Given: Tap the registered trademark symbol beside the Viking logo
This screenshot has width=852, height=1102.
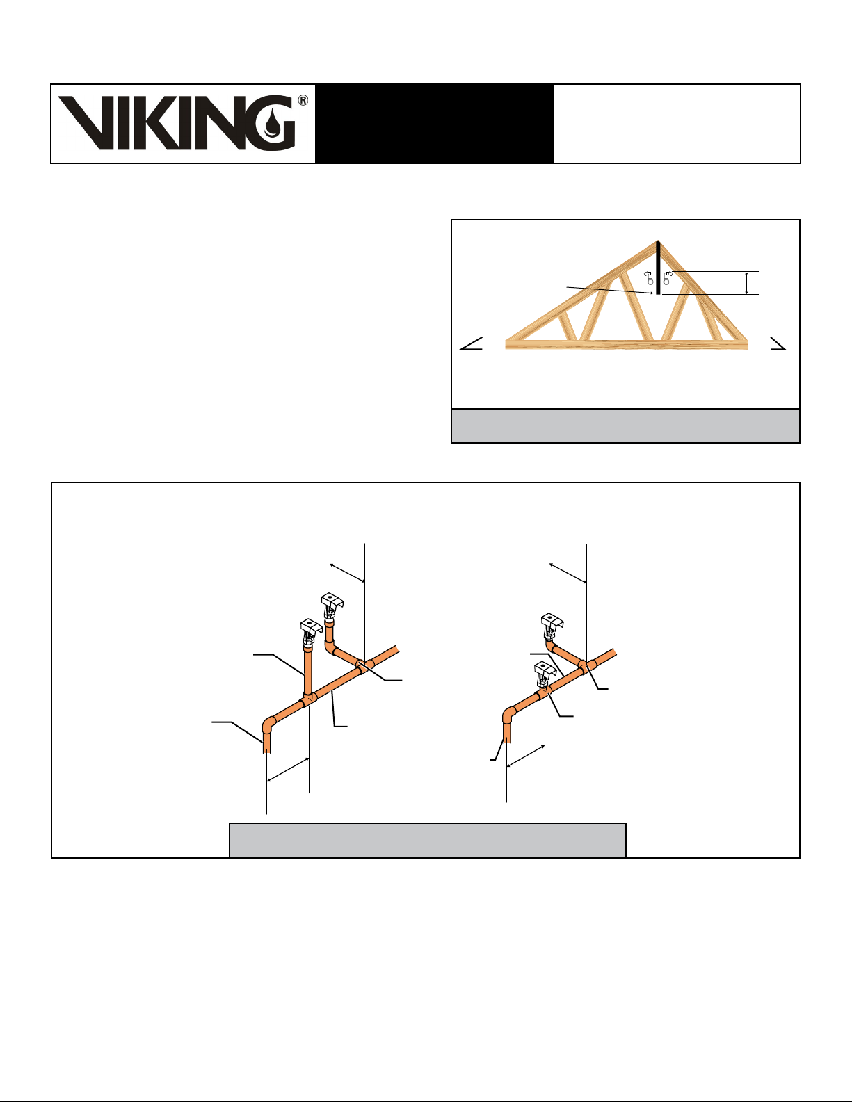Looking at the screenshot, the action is tap(303, 101).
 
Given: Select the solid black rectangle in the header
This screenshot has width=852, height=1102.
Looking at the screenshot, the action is tap(434, 124).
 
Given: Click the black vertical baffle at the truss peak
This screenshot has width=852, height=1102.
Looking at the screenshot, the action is tap(658, 267).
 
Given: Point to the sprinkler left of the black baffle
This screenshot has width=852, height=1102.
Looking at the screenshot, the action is tap(649, 278).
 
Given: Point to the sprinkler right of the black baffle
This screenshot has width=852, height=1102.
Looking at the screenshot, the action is tap(668, 278).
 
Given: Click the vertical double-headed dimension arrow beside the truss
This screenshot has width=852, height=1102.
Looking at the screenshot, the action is tap(746, 282).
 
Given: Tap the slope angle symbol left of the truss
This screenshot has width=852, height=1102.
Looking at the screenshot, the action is tap(471, 343).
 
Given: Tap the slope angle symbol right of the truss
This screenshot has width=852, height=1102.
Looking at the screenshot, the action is tap(778, 343).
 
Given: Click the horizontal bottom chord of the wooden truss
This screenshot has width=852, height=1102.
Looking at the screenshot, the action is tap(627, 344).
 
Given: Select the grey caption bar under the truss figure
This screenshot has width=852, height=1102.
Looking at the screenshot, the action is tap(625, 426).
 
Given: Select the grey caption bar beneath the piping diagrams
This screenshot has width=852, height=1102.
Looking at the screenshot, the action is tap(428, 841).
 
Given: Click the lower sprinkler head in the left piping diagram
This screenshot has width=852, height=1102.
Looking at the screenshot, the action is tap(310, 631).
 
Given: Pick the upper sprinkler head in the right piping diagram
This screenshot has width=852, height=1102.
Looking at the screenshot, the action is tap(552, 626).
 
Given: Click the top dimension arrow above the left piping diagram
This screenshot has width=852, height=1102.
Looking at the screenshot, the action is tap(347, 572).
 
